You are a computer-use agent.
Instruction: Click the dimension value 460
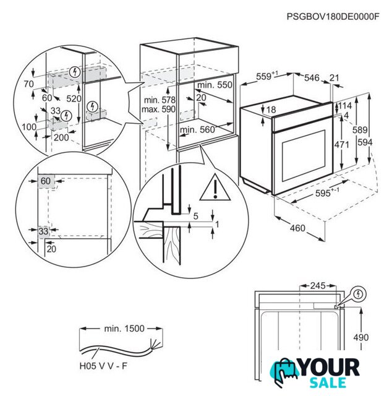click(x=297, y=228)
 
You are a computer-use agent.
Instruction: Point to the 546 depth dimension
click(x=312, y=77)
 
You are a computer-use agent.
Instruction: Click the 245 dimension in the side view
click(x=317, y=286)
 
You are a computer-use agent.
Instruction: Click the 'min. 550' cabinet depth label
click(x=215, y=84)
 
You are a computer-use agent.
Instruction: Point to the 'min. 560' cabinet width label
click(x=198, y=129)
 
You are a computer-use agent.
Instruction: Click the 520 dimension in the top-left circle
click(x=75, y=98)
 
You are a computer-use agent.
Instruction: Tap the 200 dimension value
click(x=61, y=137)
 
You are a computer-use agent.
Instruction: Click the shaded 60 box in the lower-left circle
click(x=45, y=181)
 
